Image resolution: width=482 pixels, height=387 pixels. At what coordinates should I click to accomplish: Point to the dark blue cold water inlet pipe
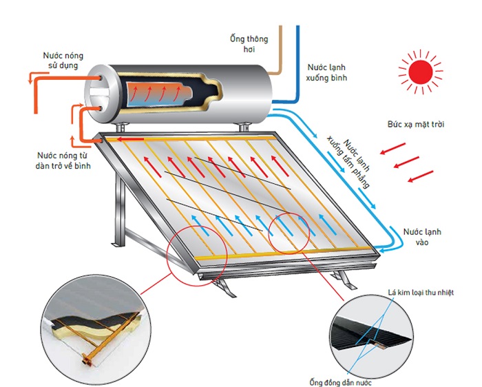tap(297, 62)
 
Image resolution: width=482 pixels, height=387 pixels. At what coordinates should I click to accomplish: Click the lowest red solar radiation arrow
tap(421, 178)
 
